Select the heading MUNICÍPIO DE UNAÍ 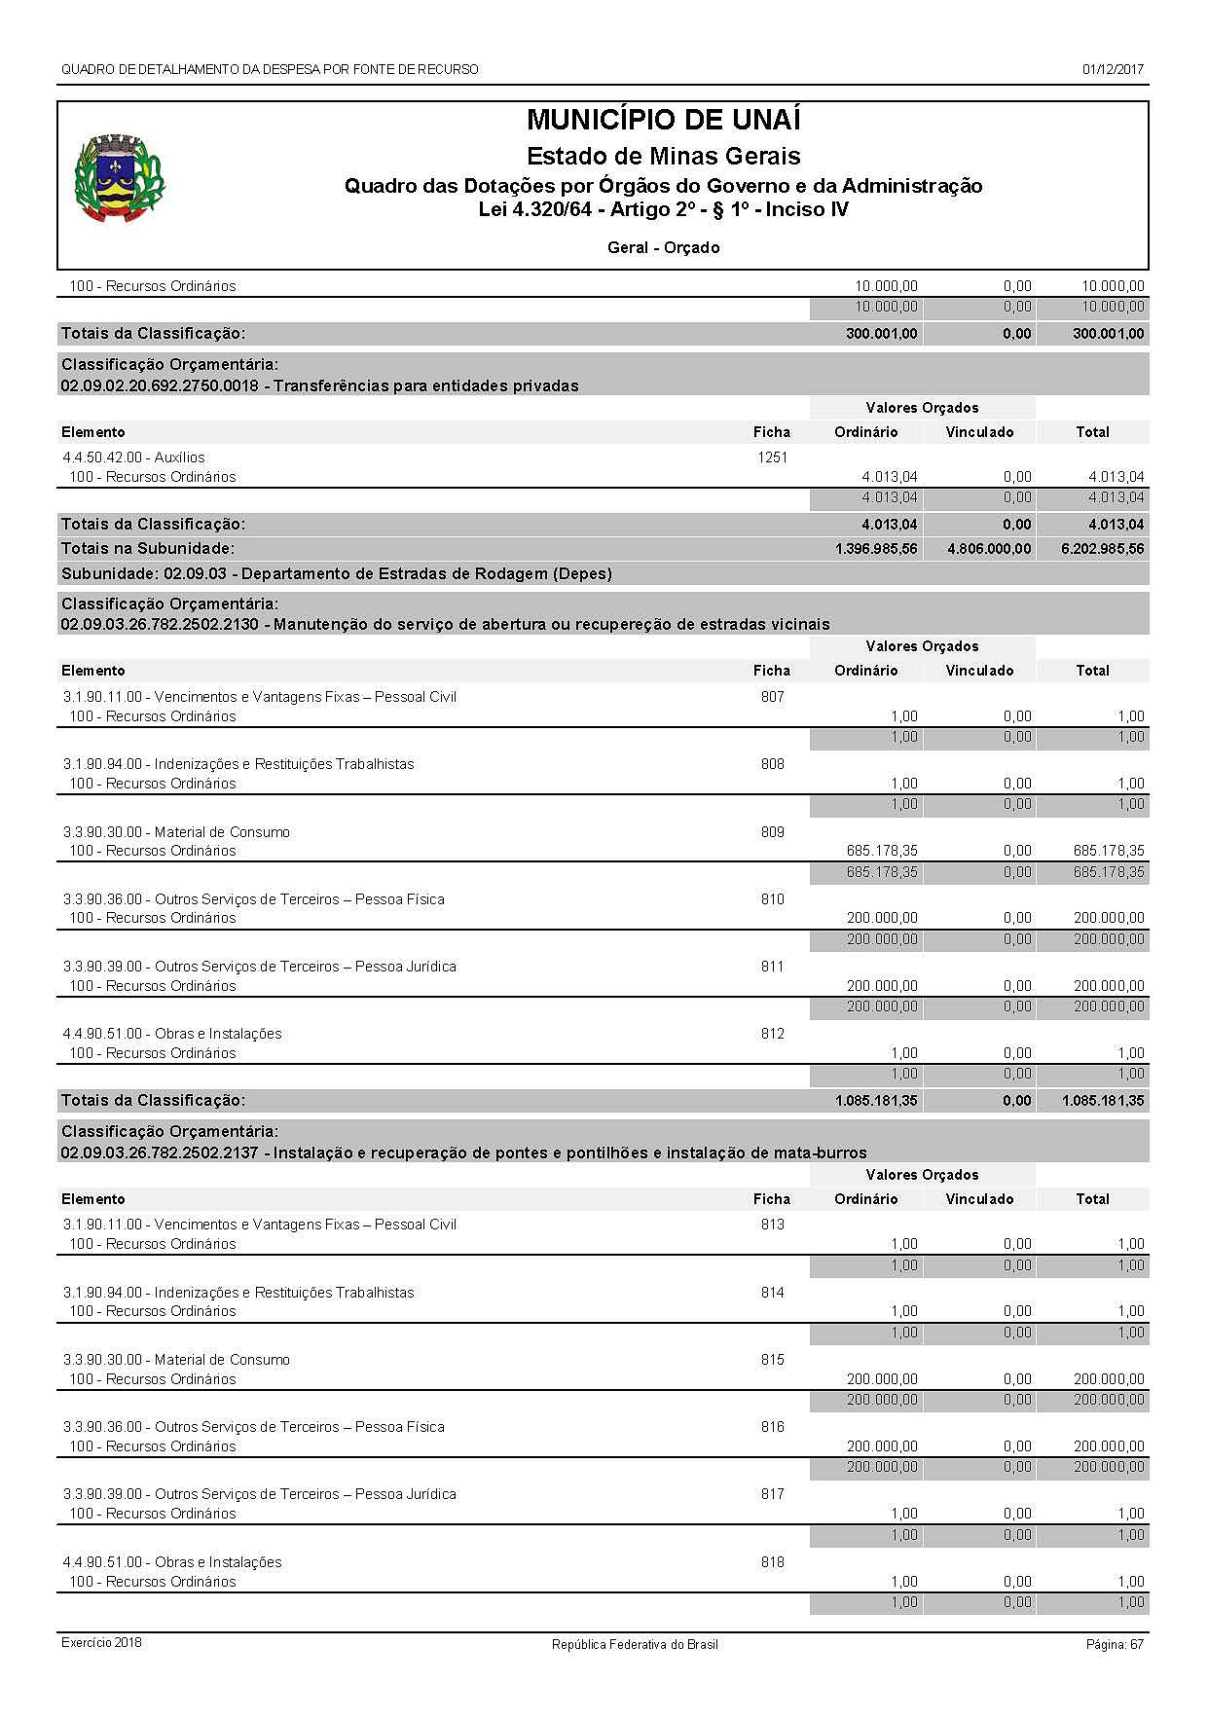point(663,121)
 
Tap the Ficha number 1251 point(772,457)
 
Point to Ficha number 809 point(772,832)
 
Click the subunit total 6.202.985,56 point(1103,549)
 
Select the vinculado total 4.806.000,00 point(989,549)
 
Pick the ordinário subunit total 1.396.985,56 point(876,549)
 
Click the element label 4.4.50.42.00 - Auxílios point(133,457)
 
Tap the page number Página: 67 point(1115,1644)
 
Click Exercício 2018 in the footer point(101,1643)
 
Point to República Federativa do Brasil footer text point(635,1644)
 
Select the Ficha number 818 point(772,1562)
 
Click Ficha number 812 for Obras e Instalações point(772,1034)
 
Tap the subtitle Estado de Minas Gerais point(663,157)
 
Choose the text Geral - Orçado point(663,248)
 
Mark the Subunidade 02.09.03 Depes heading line point(336,574)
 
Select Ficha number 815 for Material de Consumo point(772,1360)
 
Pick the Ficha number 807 point(772,697)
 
